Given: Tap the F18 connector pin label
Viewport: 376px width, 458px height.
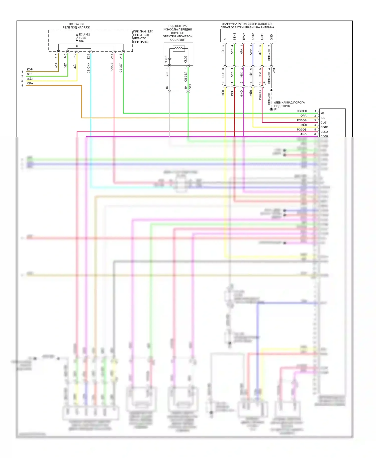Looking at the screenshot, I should [x=56, y=56].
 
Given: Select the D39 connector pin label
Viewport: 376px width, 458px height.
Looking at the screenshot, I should [x=88, y=56].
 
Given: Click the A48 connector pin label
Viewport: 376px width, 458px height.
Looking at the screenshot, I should [x=112, y=56].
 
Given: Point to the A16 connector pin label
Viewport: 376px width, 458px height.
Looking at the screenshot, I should [x=121, y=56].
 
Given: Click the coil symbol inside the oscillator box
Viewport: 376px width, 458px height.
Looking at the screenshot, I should [x=179, y=48].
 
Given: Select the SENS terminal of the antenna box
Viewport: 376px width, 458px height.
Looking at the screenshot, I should [x=234, y=37].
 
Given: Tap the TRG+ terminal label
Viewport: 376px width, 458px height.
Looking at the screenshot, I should [x=244, y=37].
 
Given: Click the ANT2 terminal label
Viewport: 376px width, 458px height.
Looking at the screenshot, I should [x=253, y=37].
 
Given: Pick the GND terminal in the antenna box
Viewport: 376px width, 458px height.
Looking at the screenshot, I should [x=271, y=37].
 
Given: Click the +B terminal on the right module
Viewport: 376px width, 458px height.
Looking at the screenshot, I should [x=322, y=113].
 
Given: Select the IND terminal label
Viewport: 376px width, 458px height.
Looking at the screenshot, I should [x=323, y=118].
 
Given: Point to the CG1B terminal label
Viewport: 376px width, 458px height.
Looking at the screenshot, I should [x=324, y=127].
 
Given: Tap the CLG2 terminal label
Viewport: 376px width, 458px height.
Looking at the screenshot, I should [x=324, y=132].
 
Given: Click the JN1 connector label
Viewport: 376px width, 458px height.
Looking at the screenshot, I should [x=274, y=70].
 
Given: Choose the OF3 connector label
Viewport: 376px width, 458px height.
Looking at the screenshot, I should [x=190, y=87].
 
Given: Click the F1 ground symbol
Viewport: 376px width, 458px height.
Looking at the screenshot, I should [x=271, y=109].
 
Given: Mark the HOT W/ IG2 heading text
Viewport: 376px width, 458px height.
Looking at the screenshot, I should [x=76, y=24].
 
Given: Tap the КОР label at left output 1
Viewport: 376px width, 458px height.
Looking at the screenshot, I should [x=30, y=69].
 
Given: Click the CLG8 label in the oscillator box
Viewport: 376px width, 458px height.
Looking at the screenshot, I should [x=166, y=59].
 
